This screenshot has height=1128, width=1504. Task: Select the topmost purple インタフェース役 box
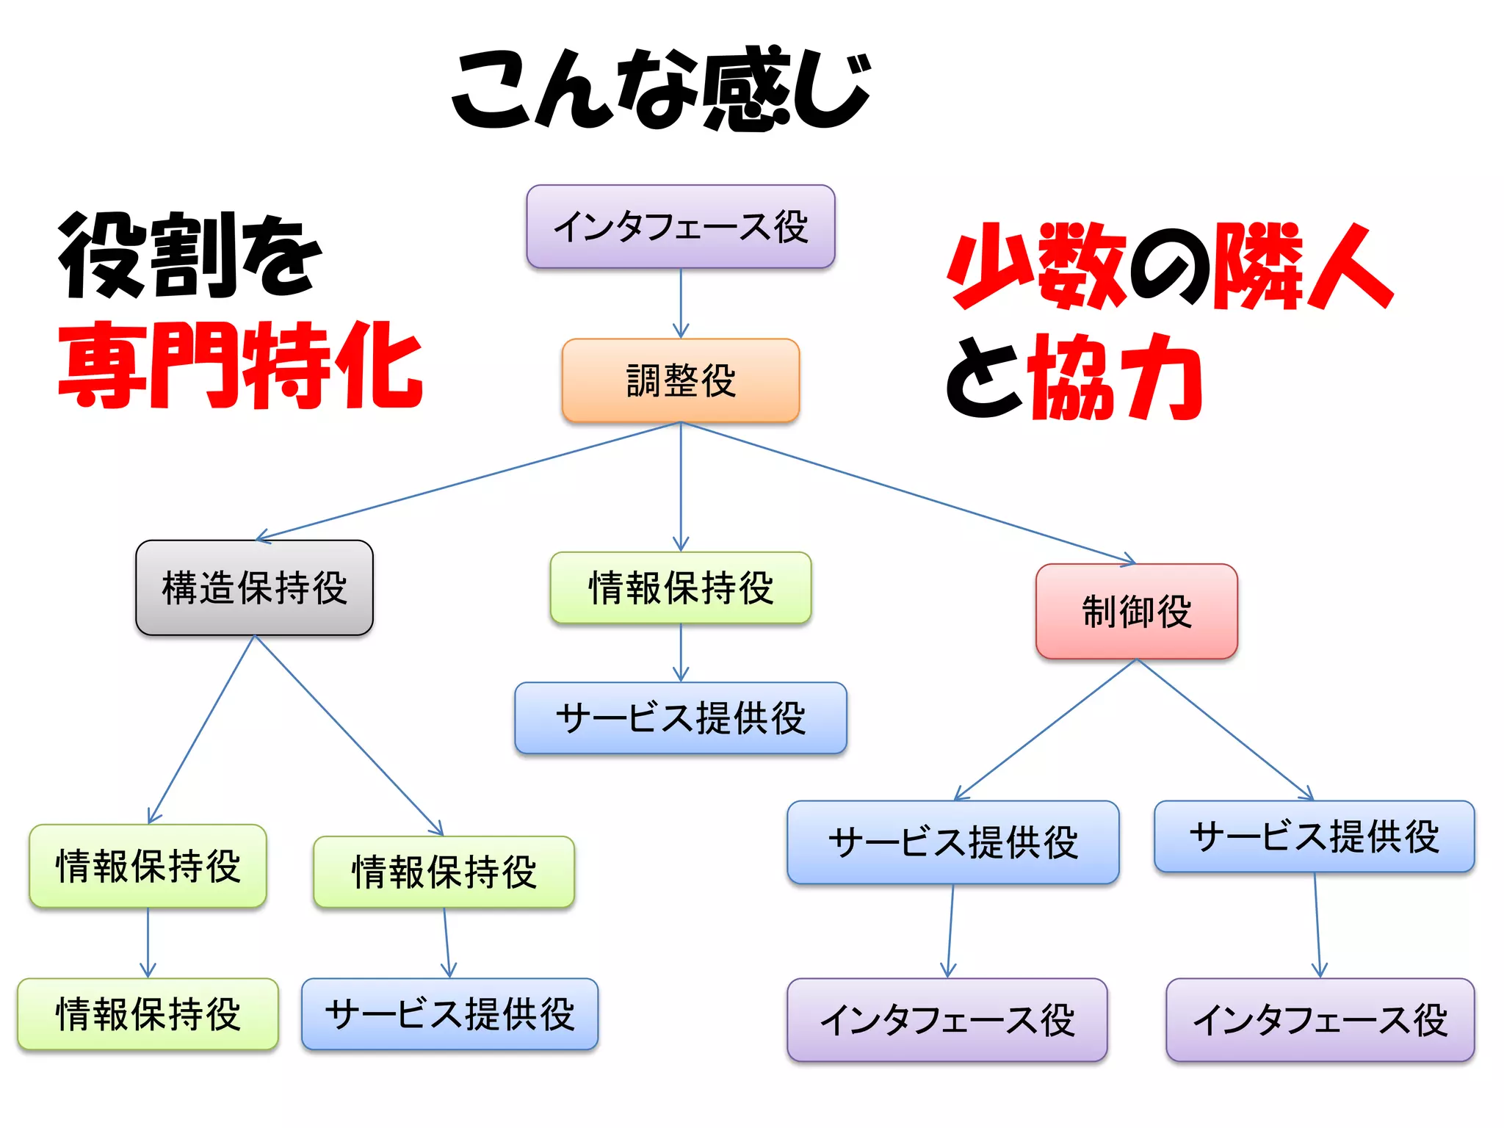pos(681,226)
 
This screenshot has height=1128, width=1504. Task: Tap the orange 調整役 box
pos(681,380)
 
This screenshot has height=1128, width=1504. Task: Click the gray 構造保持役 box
pos(254,587)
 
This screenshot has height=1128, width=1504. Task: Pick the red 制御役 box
pos(1136,611)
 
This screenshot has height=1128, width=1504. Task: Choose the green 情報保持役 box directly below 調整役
pos(681,587)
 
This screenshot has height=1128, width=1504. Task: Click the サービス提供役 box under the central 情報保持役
pos(681,717)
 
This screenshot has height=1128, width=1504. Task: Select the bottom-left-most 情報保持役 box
pos(148,1013)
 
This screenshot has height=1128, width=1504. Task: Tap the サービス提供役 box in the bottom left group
pos(449,1013)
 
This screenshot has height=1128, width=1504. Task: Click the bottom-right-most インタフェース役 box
pos(1320,1019)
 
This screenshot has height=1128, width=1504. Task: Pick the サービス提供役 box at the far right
pos(1314,836)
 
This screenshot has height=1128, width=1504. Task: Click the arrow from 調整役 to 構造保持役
pos(470,481)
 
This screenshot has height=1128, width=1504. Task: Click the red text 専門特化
pos(240,365)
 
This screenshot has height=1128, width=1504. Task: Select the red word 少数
pos(1037,266)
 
